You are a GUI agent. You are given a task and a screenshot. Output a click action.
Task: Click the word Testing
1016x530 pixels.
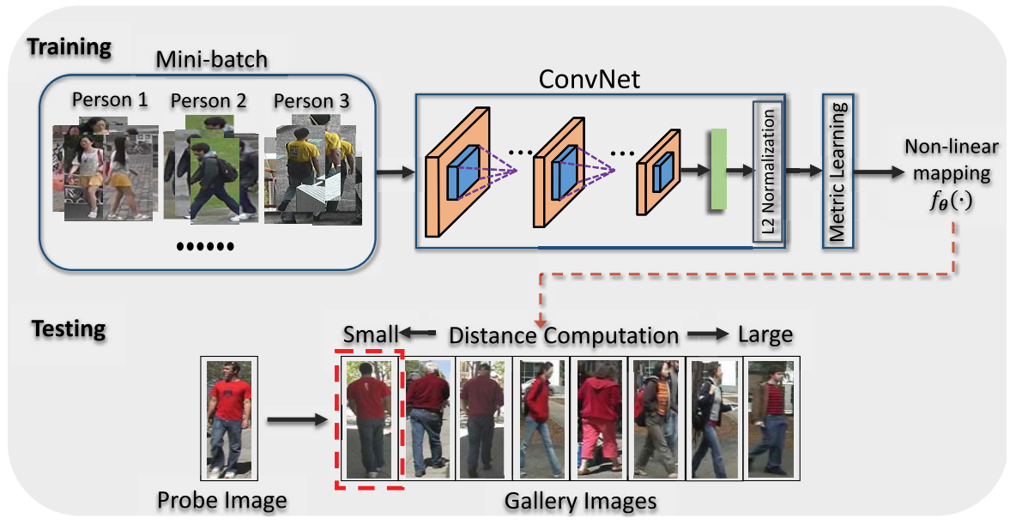click(69, 328)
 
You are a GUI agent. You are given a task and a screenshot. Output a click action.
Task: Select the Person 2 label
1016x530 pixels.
click(209, 101)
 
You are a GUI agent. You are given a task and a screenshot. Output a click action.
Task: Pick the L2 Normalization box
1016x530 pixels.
click(768, 172)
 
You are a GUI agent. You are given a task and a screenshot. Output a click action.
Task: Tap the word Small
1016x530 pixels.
click(371, 334)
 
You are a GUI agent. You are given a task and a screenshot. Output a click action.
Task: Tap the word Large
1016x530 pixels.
click(765, 334)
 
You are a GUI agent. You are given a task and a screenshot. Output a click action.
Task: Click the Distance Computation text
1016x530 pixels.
click(565, 334)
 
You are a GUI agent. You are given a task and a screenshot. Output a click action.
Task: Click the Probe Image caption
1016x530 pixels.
click(222, 500)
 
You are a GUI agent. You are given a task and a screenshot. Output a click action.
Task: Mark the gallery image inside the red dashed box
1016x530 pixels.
click(369, 418)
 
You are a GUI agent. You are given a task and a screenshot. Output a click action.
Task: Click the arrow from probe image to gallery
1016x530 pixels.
click(297, 420)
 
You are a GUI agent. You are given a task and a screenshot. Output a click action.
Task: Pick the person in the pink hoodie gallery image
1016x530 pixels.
click(598, 418)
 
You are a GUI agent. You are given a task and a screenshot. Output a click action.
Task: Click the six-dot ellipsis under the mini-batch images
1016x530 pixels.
click(205, 247)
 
